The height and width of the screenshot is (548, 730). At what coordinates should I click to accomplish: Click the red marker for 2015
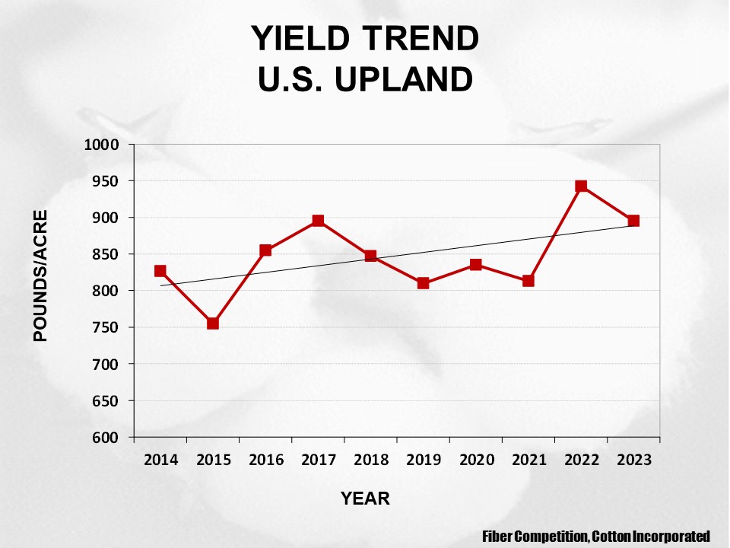click(x=213, y=323)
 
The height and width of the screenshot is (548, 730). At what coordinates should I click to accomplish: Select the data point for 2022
click(x=581, y=186)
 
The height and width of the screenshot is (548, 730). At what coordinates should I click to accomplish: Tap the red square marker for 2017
click(x=318, y=221)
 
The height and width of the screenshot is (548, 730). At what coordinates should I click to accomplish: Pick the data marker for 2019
click(x=423, y=283)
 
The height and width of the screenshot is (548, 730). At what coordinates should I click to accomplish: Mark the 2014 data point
click(x=160, y=271)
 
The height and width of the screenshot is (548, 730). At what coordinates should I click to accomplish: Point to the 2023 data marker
click(x=633, y=221)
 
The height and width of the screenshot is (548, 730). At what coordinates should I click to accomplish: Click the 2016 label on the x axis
click(x=265, y=460)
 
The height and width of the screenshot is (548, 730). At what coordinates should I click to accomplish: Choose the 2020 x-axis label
click(x=475, y=460)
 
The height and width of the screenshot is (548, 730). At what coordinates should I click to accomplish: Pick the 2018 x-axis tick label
click(x=370, y=460)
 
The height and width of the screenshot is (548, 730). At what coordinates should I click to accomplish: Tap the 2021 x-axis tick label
click(x=528, y=460)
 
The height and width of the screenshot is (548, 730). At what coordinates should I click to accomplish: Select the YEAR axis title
click(x=365, y=499)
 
